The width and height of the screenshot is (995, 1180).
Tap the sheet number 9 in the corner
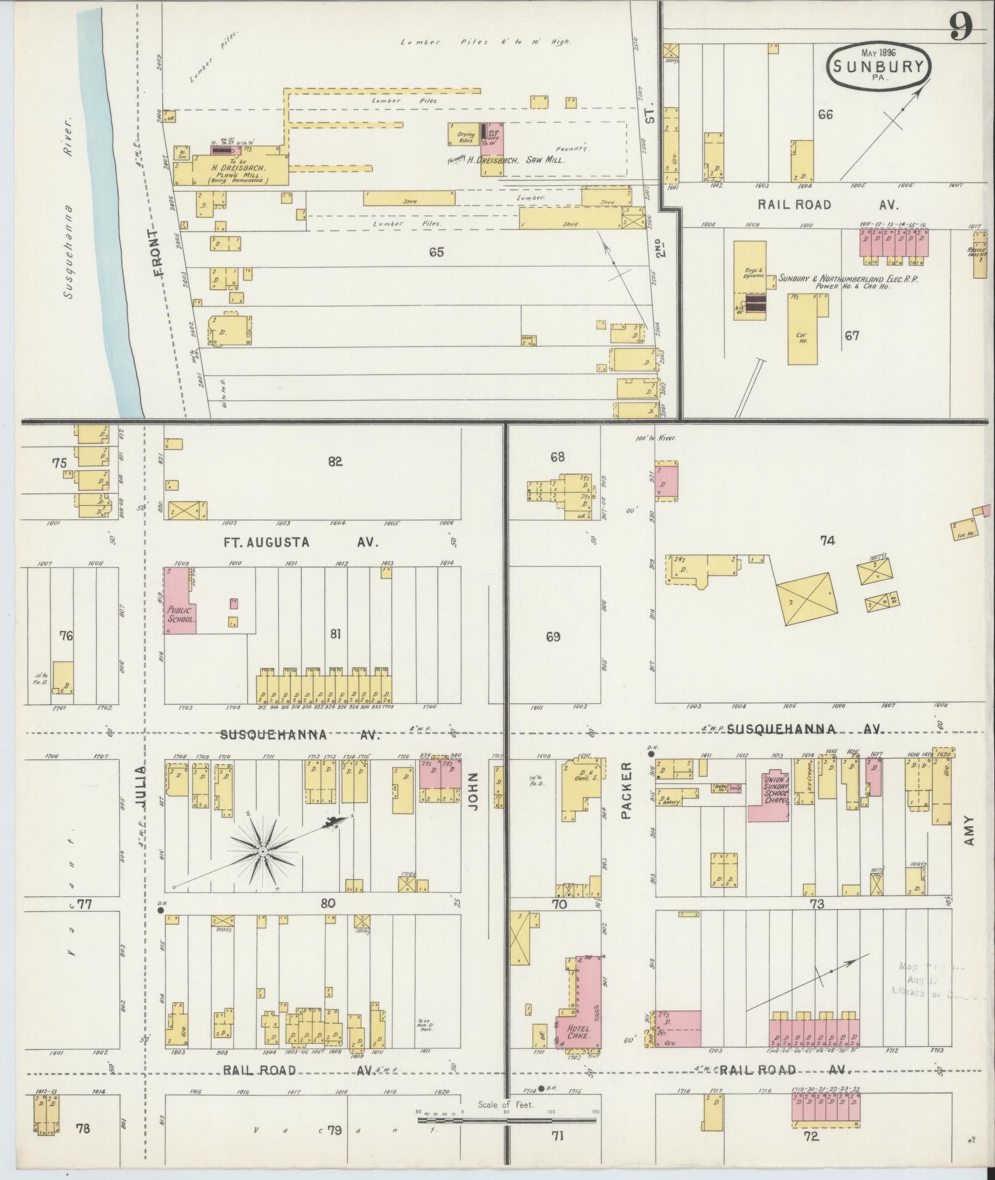(961, 26)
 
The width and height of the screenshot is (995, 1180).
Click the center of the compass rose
(263, 851)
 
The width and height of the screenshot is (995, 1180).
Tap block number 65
(436, 252)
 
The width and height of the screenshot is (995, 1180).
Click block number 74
(827, 540)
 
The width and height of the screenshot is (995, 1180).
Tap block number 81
(334, 633)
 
